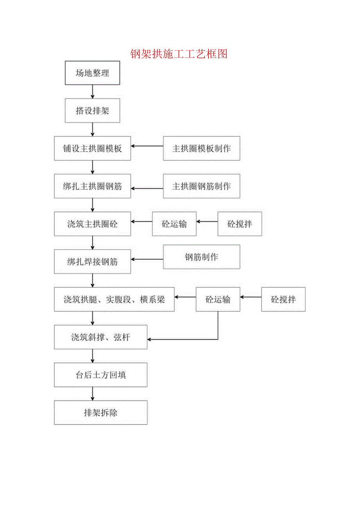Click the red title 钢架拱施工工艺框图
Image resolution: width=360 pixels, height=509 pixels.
179,54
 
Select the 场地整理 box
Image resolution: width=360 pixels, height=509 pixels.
92,73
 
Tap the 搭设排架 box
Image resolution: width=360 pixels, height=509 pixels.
92,111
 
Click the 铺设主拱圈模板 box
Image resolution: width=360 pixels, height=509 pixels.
92,149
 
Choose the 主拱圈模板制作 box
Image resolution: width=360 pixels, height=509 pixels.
202,149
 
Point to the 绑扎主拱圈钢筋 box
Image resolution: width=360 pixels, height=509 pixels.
92,186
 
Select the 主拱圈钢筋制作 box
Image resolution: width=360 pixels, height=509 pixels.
202,186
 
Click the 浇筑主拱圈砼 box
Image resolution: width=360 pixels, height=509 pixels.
92,224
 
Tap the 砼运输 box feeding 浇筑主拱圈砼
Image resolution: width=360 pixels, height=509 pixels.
174,224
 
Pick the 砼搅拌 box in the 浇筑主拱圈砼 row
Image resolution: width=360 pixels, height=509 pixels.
239,224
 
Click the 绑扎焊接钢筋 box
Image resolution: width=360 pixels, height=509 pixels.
92,261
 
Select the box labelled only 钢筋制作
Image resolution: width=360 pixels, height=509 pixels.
202,257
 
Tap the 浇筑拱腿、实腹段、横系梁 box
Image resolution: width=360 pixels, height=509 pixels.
114,299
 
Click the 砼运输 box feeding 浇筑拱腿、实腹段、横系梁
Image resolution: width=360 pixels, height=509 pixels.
218,299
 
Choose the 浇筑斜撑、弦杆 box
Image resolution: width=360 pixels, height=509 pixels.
101,337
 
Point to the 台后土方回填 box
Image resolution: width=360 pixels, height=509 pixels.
101,375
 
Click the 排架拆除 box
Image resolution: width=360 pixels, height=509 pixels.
101,412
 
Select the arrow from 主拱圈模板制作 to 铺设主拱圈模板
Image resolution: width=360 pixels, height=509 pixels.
147,146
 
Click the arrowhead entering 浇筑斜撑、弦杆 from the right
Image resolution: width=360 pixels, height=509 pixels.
150,339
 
